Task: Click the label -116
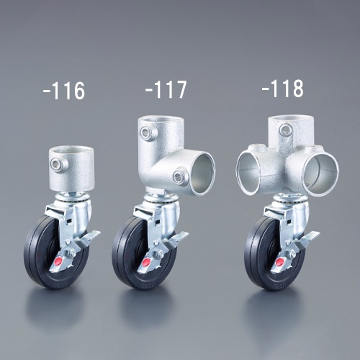click(64, 91)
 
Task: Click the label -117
click(166, 89)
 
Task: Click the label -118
click(282, 89)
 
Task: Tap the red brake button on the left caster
click(59, 261)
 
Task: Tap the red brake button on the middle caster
click(146, 261)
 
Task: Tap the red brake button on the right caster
click(279, 262)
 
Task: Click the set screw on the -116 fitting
click(55, 163)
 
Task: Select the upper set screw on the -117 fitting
click(145, 132)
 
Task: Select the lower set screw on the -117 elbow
click(179, 177)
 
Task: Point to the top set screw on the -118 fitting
click(285, 130)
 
